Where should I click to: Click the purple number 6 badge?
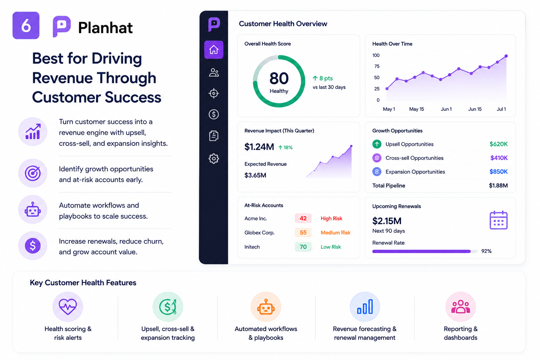tap(26, 25)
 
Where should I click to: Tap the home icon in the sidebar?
tap(214, 50)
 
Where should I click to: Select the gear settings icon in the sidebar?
tap(214, 159)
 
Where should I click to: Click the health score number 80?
tap(279, 78)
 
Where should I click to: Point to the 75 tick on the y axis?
tap(377, 66)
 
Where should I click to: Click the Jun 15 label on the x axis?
tap(475, 109)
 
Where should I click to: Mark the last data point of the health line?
tap(506, 56)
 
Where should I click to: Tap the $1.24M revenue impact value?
tap(259, 147)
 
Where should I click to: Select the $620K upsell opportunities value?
tap(499, 144)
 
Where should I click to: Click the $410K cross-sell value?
tap(499, 158)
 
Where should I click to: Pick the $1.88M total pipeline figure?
tap(498, 185)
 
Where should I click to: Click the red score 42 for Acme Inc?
tap(303, 218)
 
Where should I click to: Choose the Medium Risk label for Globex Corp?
tap(335, 232)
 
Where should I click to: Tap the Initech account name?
tap(252, 247)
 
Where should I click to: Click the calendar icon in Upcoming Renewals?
tap(499, 220)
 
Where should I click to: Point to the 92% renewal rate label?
tap(486, 251)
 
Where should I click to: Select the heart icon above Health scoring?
tap(68, 307)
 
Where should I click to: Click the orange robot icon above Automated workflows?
tap(266, 307)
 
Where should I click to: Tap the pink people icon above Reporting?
tap(461, 307)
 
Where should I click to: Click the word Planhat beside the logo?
tap(105, 27)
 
